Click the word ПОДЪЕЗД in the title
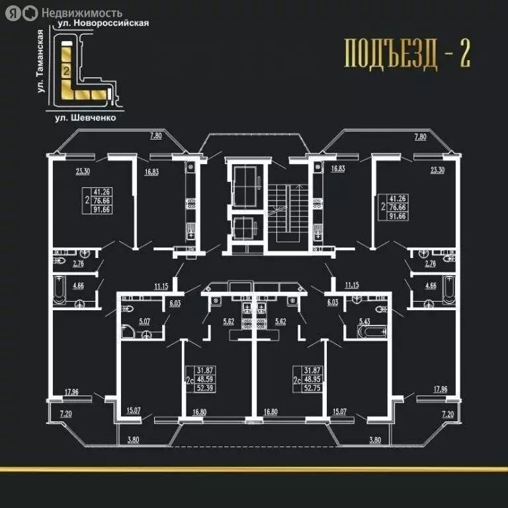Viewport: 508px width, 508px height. point(390,55)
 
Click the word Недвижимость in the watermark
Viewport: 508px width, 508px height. point(82,12)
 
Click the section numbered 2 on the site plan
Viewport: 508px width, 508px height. point(66,69)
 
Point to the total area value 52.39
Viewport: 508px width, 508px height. point(199,390)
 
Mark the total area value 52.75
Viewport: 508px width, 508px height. point(312,390)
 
